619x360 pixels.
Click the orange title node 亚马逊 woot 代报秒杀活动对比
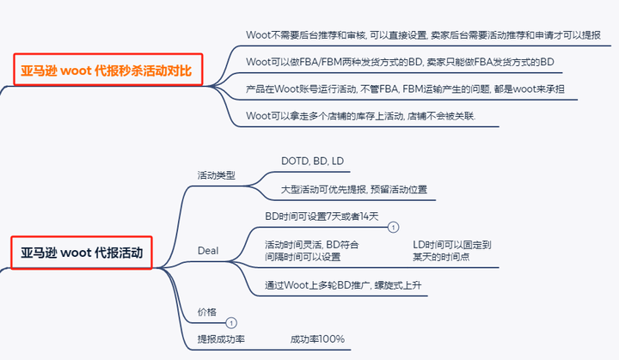click(x=107, y=70)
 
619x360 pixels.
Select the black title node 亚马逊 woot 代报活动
click(x=82, y=253)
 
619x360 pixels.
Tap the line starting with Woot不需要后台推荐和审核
click(x=422, y=35)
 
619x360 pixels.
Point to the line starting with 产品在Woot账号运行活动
click(x=405, y=88)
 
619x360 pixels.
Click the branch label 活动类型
click(x=216, y=175)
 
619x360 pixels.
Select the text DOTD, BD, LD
click(x=314, y=161)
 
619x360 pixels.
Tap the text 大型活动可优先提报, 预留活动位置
click(x=353, y=189)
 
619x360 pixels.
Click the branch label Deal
click(x=207, y=251)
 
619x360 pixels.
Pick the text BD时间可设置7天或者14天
click(x=321, y=217)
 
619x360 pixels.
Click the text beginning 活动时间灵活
click(x=311, y=250)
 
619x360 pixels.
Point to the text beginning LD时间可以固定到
click(x=451, y=250)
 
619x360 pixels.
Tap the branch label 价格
click(x=206, y=312)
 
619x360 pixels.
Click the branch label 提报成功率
click(x=221, y=339)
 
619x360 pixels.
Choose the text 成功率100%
click(x=317, y=339)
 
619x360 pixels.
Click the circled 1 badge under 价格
click(x=230, y=322)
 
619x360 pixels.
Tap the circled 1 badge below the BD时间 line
click(x=393, y=228)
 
